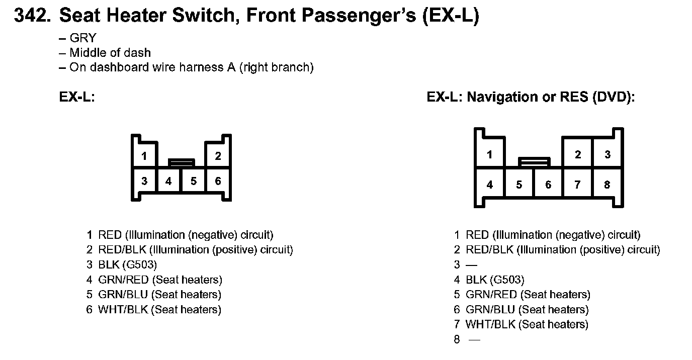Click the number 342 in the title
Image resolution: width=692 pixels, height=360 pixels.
click(32, 15)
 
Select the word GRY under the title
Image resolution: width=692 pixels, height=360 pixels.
click(83, 38)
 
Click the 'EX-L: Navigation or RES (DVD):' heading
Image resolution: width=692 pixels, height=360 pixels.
click(531, 97)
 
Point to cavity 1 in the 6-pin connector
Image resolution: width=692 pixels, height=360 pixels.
click(144, 155)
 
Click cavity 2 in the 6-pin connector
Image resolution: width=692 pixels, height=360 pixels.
click(218, 155)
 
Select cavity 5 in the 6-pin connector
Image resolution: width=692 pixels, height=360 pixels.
click(194, 181)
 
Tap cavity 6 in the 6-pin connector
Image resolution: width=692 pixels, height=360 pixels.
click(218, 181)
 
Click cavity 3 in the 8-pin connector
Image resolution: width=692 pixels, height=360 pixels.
click(608, 154)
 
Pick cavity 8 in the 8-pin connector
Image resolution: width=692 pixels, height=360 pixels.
click(608, 185)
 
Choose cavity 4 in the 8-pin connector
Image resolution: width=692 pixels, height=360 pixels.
click(490, 185)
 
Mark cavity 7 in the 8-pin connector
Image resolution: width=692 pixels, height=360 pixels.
click(577, 185)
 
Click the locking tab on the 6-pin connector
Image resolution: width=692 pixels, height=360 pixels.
click(182, 162)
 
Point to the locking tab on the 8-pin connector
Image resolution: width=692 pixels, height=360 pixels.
click(534, 162)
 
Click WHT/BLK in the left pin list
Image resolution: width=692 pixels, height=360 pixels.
click(123, 309)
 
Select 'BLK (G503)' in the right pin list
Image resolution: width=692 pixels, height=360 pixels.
click(495, 280)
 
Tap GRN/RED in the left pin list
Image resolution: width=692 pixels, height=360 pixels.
click(123, 280)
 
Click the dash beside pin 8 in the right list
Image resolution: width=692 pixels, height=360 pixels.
click(475, 340)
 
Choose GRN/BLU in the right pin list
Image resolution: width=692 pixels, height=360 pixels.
click(490, 309)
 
